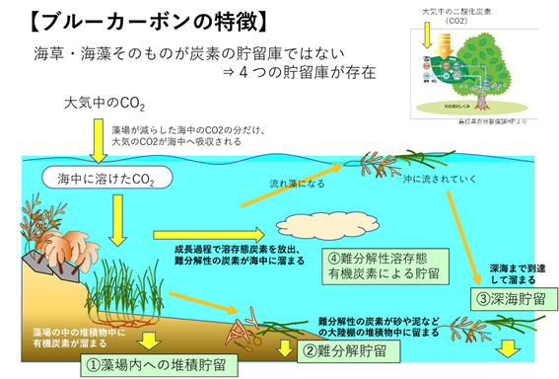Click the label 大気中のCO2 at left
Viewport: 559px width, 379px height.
[107, 103]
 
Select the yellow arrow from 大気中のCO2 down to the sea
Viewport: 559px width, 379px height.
[100, 140]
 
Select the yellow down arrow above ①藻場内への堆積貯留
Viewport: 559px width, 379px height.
[148, 341]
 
